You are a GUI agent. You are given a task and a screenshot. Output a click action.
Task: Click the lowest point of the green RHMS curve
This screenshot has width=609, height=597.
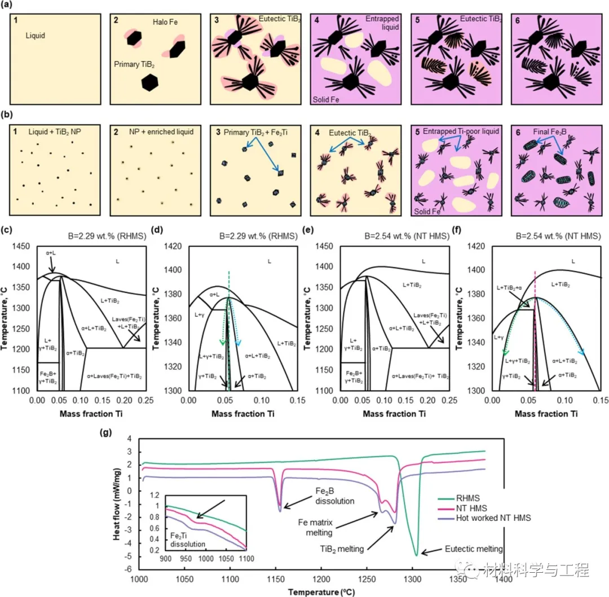point(417,555)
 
